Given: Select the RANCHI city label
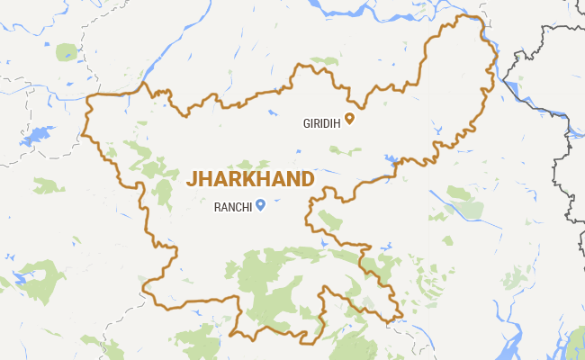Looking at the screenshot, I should click(x=232, y=206).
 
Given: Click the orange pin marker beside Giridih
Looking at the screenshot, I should click(x=351, y=117).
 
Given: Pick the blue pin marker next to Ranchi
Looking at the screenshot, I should click(x=260, y=204).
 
